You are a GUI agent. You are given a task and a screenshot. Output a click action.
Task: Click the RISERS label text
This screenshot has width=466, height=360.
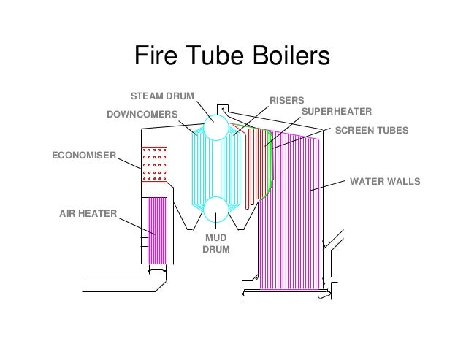click(286, 100)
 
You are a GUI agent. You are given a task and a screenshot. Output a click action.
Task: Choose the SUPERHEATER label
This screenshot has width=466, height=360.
click(337, 112)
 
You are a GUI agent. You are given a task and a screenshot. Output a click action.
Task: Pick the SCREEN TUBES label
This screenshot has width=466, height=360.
click(372, 131)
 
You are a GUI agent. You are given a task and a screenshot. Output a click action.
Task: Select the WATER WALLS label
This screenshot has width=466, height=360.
click(385, 181)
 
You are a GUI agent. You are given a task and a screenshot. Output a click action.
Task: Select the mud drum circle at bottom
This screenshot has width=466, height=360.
click(216, 210)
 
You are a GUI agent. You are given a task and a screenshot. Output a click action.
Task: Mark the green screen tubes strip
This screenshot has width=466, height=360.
click(270, 164)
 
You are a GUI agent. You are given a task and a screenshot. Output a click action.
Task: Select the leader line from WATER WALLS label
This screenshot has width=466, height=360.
click(327, 186)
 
